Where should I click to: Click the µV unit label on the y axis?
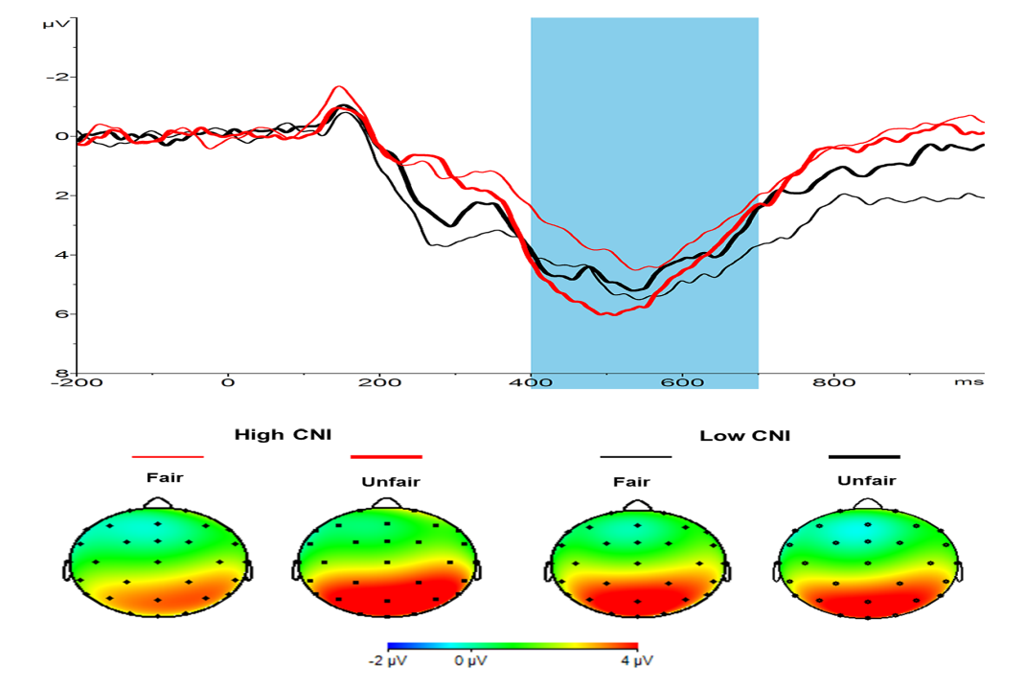coord(55,21)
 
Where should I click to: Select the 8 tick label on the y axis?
coord(64,373)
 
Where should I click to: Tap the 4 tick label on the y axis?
coord(64,255)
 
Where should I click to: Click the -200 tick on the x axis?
coord(78,382)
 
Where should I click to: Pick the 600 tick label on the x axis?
coord(680,382)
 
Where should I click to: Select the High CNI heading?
coord(283,435)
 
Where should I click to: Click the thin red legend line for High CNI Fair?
coord(168,458)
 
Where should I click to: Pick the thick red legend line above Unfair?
coord(386,458)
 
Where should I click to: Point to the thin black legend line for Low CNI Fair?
coord(635,458)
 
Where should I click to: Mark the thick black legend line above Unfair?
coord(864,458)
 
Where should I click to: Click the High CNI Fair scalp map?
coord(158,562)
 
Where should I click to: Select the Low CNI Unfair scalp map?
coord(869,563)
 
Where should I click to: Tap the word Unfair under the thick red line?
coord(387,482)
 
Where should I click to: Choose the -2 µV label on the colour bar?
coord(386,661)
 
